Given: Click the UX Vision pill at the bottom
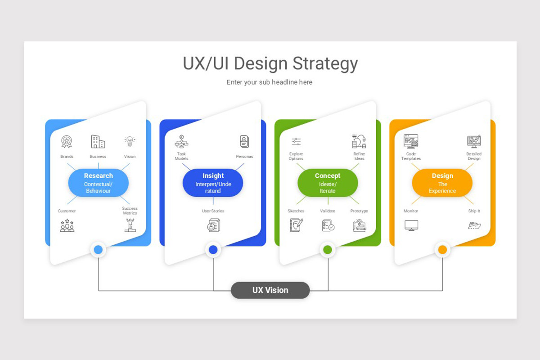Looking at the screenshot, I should point(270,290).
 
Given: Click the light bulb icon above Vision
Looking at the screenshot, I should point(130,142).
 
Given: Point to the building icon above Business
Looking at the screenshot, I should point(98,142).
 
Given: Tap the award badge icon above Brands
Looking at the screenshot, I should point(67,142).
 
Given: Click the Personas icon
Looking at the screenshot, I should point(244,142).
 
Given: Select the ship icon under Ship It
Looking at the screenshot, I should point(474,225).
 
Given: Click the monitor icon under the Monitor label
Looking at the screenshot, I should point(411,225).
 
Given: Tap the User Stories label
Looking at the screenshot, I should point(213,211).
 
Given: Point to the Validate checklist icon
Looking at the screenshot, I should point(328,225).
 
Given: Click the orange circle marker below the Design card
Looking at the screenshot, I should point(442,250).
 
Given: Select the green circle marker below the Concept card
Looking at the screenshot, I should point(328,250).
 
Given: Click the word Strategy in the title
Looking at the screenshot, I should point(325,63).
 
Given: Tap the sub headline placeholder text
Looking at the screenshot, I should point(270,82).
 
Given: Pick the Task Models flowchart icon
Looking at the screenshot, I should point(181,142).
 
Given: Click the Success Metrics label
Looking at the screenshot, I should point(130,211).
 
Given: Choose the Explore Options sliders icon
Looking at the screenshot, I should point(296,142).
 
